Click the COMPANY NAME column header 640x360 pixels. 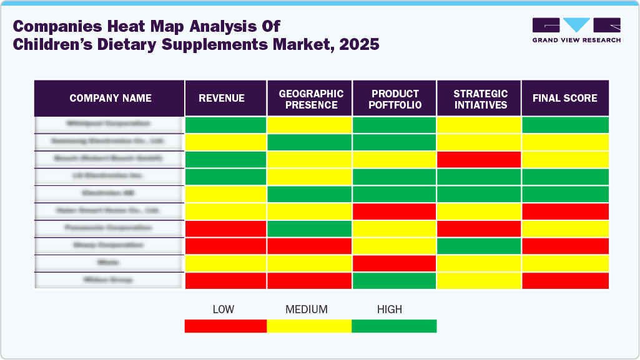[110, 98]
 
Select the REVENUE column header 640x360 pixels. [222, 98]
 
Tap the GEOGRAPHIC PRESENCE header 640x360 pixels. [310, 99]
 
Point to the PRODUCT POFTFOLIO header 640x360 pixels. [395, 99]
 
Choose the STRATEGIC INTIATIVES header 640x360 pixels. [480, 99]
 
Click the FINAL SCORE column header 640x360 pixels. [564, 98]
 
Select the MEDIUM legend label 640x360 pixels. [306, 309]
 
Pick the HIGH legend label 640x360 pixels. [390, 309]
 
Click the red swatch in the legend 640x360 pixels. [225, 326]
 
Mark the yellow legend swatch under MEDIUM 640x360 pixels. [309, 326]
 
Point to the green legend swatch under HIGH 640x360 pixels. [394, 326]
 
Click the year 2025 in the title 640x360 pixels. [357, 45]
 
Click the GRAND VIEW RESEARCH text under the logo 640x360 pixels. [576, 40]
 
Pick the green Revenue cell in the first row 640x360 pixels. [225, 124]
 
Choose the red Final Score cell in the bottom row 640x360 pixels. [565, 281]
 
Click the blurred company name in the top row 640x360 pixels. [110, 124]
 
